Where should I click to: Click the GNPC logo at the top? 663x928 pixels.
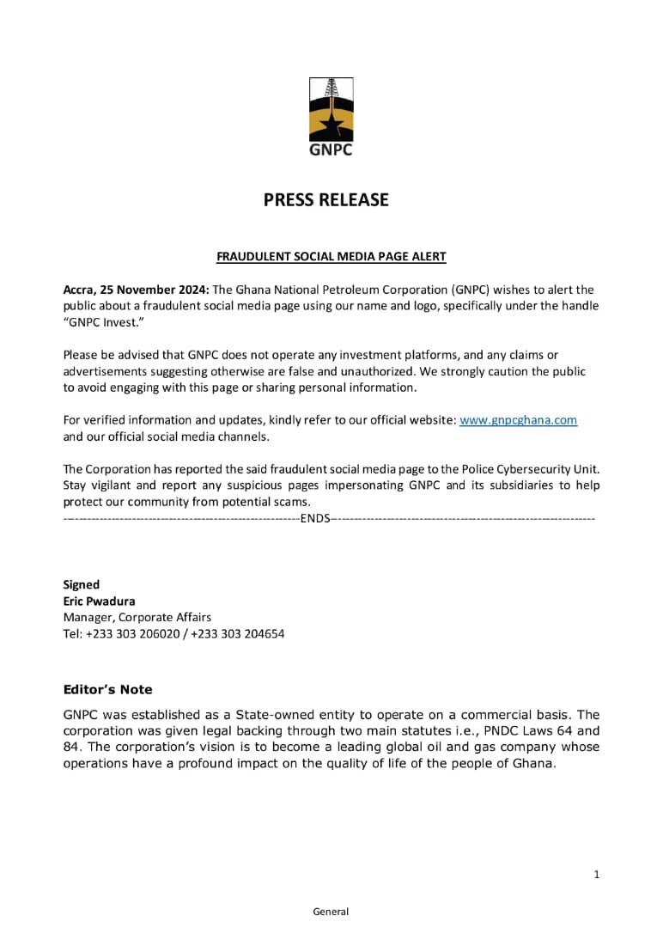[x=331, y=117]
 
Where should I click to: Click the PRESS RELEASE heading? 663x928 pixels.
[x=325, y=200]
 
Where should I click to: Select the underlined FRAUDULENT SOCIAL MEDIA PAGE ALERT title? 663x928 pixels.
[x=331, y=257]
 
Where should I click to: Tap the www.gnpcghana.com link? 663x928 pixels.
[x=518, y=420]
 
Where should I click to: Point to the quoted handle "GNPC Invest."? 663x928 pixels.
[x=97, y=322]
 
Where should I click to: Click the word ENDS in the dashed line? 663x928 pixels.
[x=315, y=519]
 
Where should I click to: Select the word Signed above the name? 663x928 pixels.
[x=82, y=584]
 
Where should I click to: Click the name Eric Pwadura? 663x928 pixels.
[x=99, y=601]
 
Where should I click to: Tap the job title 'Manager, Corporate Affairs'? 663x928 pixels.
[x=137, y=617]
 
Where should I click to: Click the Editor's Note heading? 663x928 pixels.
[x=107, y=689]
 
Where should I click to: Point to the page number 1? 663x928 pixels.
[x=596, y=875]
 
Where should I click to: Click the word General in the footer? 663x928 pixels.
[x=331, y=912]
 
